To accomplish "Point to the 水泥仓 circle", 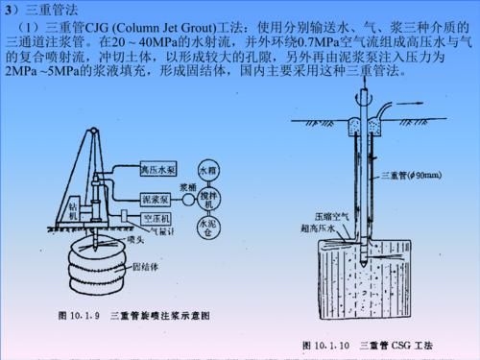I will click(209, 228).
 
